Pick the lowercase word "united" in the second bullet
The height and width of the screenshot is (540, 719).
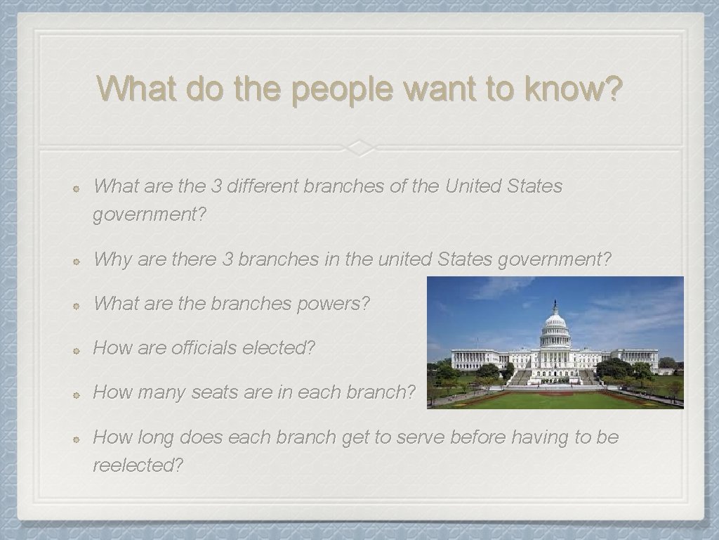coord(405,259)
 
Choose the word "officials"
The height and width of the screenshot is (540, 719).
coord(204,348)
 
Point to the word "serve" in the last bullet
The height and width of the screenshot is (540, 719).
coord(421,437)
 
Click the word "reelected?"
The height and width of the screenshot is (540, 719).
coord(138,465)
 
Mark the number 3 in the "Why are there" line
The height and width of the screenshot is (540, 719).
coord(227,259)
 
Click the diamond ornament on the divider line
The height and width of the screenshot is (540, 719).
coord(359,148)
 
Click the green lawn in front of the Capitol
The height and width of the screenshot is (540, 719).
coord(555,399)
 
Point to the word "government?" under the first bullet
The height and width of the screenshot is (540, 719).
coord(150,214)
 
